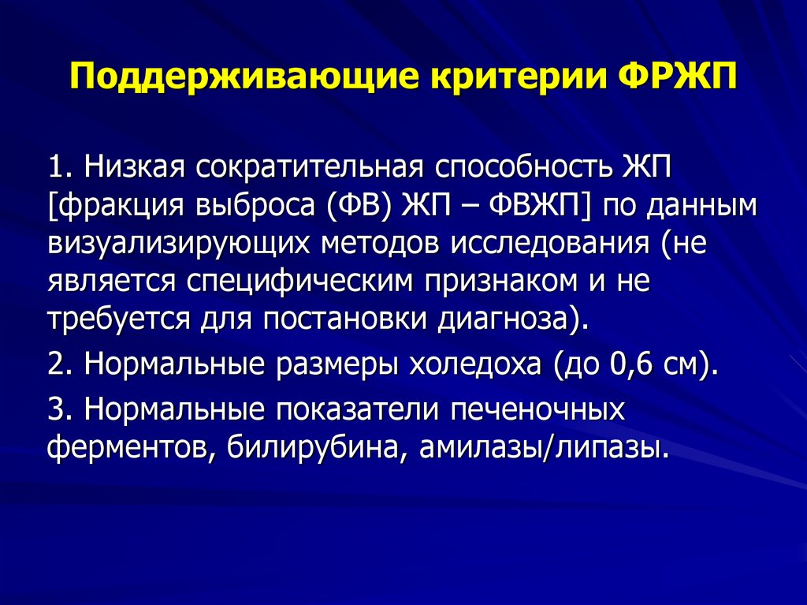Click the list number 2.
[x=61, y=364]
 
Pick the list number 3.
[x=61, y=409]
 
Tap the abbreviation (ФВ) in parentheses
[x=359, y=205]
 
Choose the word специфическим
[x=299, y=282]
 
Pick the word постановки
[x=345, y=319]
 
